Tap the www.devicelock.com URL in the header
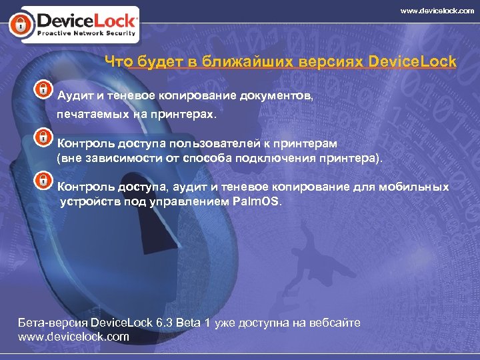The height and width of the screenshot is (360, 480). point(437,11)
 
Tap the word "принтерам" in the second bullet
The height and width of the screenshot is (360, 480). point(307,143)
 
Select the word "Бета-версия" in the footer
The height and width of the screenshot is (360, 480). point(51,323)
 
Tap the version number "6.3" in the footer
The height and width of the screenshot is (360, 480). point(164,323)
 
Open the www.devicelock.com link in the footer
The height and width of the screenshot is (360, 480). point(73,337)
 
